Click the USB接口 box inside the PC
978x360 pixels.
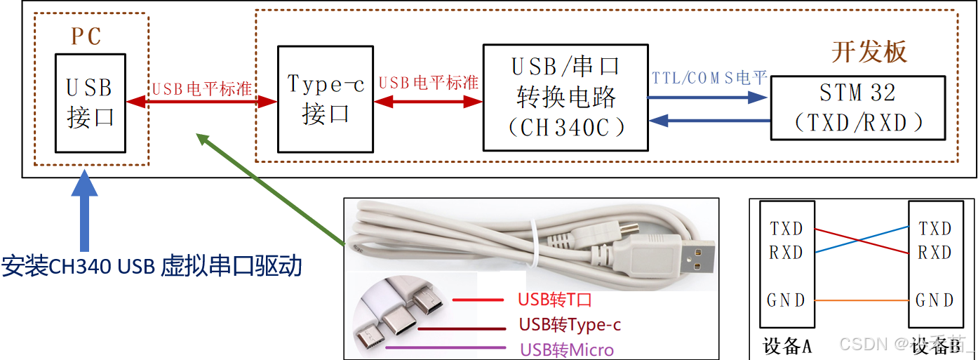click(x=91, y=102)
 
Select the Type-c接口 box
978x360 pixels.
click(x=326, y=99)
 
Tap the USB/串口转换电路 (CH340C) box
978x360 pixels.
click(x=565, y=97)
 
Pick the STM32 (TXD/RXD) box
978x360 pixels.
click(x=857, y=107)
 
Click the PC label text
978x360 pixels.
click(x=86, y=36)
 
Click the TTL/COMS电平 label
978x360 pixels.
click(x=709, y=78)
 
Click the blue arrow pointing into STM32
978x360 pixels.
click(x=709, y=98)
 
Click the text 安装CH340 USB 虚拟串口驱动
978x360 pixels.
click(x=152, y=266)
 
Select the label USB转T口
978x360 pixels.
click(x=555, y=300)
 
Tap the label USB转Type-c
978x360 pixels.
click(x=570, y=325)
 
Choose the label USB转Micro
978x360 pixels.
click(x=566, y=349)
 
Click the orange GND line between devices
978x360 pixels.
click(x=861, y=300)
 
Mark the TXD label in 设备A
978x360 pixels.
click(x=786, y=229)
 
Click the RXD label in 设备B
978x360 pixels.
click(x=935, y=253)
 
